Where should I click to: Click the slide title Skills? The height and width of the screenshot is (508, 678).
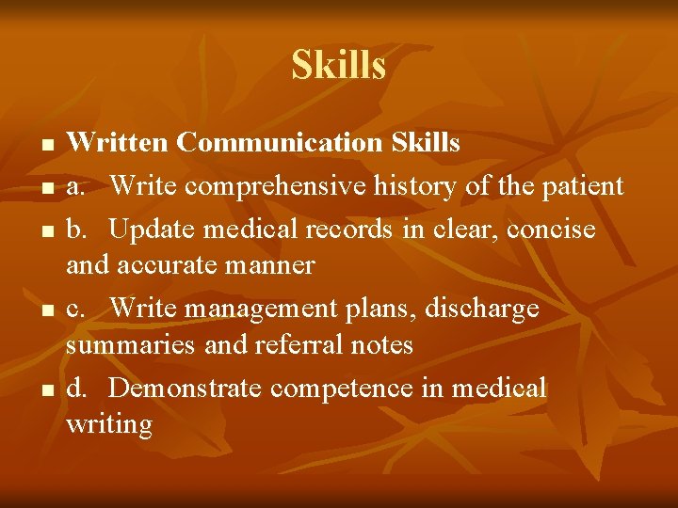(338, 66)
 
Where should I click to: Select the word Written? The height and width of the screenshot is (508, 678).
(118, 143)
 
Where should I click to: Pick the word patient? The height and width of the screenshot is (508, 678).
(584, 186)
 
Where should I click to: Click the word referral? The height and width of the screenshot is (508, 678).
(297, 345)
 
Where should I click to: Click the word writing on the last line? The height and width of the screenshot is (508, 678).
(108, 424)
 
